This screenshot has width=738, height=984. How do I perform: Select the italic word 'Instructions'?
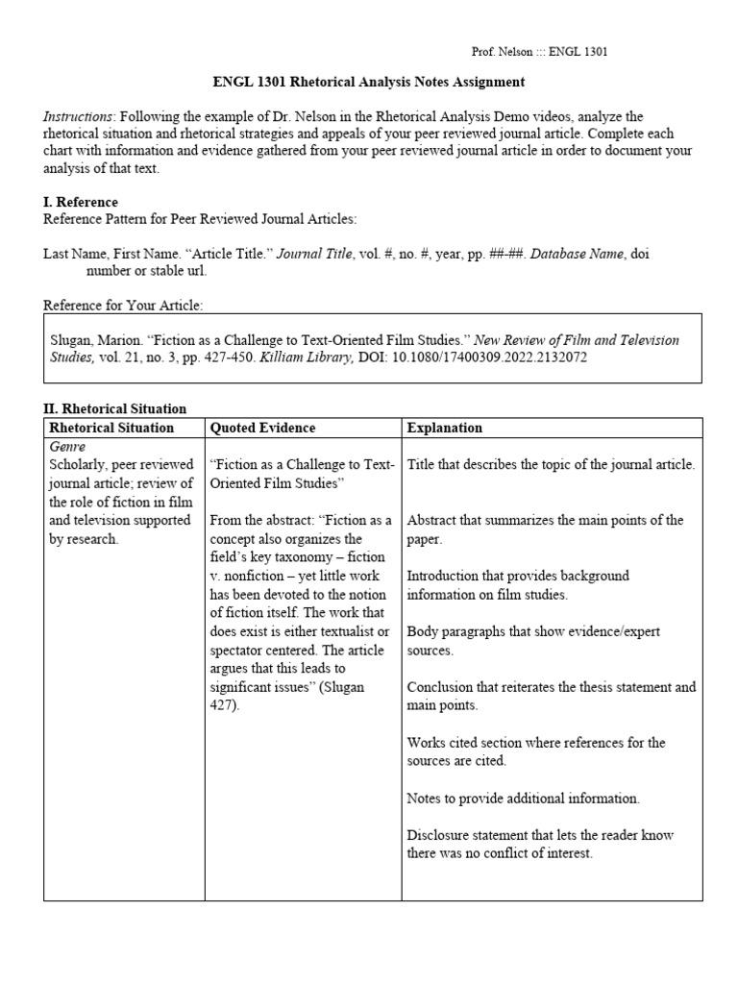click(x=78, y=116)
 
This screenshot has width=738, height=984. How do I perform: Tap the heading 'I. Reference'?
click(x=81, y=202)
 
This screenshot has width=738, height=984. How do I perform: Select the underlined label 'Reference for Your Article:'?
click(x=123, y=306)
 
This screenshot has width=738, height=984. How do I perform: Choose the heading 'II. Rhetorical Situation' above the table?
click(x=114, y=409)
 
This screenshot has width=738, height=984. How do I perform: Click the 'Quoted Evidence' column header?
click(x=262, y=428)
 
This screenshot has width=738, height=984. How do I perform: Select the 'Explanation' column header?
click(x=444, y=428)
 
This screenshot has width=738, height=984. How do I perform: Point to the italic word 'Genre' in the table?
click(x=67, y=448)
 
